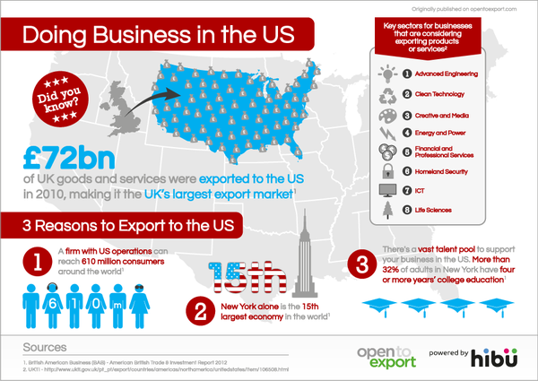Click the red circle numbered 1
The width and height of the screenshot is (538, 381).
[x=37, y=262]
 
